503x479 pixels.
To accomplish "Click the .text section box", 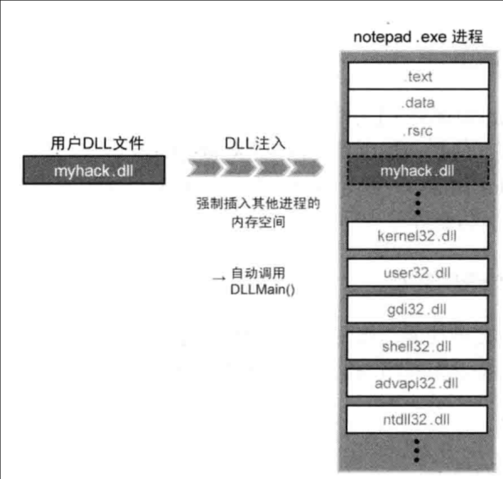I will pyautogui.click(x=418, y=76).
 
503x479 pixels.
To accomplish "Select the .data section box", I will pyautogui.click(x=418, y=103).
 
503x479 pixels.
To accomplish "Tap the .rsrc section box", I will pyautogui.click(x=418, y=131).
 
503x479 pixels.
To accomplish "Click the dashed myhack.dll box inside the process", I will pyautogui.click(x=418, y=170).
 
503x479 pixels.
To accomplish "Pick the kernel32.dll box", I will pyautogui.click(x=417, y=236).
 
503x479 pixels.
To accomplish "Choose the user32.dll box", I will pyautogui.click(x=417, y=272).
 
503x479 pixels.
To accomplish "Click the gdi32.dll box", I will pyautogui.click(x=417, y=309).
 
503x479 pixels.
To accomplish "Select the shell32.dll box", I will pyautogui.click(x=417, y=346).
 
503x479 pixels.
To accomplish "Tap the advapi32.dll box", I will pyautogui.click(x=417, y=383).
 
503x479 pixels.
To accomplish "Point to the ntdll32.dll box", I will pyautogui.click(x=417, y=419).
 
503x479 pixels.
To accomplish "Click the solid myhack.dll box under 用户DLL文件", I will pyautogui.click(x=94, y=170).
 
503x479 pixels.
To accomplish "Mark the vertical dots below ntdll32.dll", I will pyautogui.click(x=417, y=450).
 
